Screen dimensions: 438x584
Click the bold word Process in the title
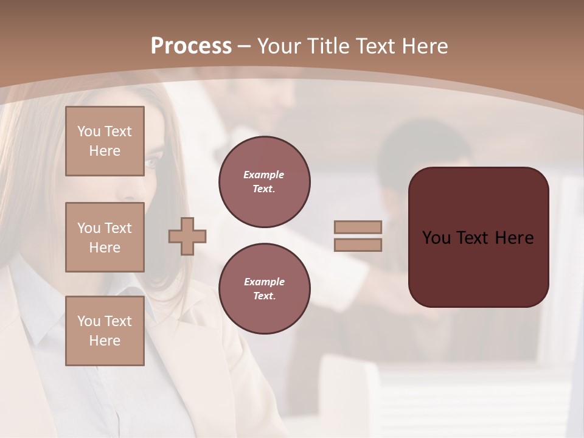pos(191,46)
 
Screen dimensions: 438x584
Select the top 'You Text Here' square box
pos(105,141)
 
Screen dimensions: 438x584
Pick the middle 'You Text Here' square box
pos(105,237)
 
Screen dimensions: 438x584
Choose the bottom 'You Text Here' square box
pos(105,330)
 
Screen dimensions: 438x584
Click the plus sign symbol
pos(187,236)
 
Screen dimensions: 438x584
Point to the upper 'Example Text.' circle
pos(265,182)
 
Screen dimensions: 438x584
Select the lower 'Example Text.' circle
pos(265,289)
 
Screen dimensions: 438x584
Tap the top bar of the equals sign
pos(358,227)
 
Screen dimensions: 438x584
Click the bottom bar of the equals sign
pos(358,245)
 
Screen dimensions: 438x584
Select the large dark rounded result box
pos(478,262)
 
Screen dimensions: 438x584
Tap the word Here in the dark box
pos(514,238)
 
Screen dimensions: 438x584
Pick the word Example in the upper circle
pos(264,175)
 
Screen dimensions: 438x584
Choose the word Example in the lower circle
pos(264,282)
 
